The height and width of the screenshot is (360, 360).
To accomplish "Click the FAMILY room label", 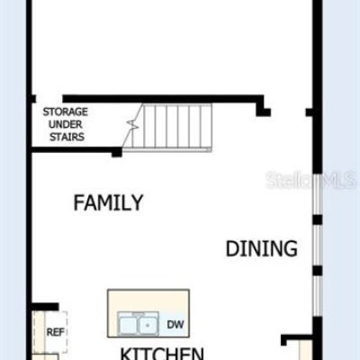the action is (x=108, y=202).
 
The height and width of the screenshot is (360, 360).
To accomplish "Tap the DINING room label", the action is (x=262, y=248).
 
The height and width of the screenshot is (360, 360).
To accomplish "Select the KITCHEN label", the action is (x=162, y=354).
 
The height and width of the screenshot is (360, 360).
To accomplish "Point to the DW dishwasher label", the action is (x=175, y=324).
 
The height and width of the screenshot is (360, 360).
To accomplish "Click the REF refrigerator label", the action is (x=56, y=332).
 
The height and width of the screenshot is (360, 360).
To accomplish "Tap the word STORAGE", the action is (x=66, y=112).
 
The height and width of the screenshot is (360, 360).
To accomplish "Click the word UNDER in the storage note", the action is (x=66, y=124).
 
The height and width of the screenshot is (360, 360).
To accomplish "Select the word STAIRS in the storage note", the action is (x=67, y=137).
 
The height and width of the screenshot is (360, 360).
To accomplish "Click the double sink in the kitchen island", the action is (x=138, y=324).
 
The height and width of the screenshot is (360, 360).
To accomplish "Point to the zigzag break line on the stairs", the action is (x=132, y=124).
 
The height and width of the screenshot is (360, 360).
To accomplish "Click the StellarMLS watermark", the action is (x=310, y=180).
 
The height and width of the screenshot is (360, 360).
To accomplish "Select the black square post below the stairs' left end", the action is (x=117, y=152).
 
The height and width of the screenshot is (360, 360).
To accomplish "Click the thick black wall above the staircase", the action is (x=163, y=99).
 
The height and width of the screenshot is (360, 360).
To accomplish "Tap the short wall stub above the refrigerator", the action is (x=45, y=307).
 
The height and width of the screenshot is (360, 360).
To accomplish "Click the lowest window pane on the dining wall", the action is (x=318, y=295).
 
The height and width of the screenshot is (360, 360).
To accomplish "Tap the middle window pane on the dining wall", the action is (x=318, y=245).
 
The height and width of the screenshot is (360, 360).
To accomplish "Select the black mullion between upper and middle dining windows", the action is (x=318, y=220).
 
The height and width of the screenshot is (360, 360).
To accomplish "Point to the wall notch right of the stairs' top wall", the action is (x=264, y=112).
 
